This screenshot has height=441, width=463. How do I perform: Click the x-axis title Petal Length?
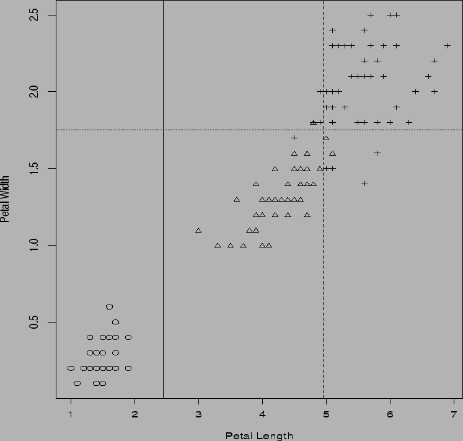tap(259, 435)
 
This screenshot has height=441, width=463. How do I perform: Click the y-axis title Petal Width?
tap(6, 198)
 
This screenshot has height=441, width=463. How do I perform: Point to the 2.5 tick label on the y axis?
tap(36, 14)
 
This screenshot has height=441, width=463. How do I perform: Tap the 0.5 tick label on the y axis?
tap(36, 322)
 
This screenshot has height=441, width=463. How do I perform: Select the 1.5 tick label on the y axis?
tap(36, 168)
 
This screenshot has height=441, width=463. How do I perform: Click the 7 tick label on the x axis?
tap(454, 414)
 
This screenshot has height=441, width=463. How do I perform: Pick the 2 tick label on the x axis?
tap(134, 414)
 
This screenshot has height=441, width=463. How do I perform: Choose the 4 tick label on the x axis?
tap(262, 414)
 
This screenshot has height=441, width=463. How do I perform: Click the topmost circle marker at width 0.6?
tap(109, 306)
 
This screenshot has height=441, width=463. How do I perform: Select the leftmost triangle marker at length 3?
tap(198, 230)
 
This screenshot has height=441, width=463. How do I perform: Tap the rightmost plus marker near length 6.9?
tap(447, 45)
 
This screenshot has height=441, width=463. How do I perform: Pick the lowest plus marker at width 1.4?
tap(364, 184)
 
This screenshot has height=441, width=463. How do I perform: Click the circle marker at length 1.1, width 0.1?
tap(77, 383)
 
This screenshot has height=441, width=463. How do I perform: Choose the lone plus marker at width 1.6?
tap(377, 153)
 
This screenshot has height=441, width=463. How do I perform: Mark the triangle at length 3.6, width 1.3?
tap(237, 199)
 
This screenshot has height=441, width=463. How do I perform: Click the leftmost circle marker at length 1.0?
tap(71, 368)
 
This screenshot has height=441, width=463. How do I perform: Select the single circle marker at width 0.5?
tap(115, 322)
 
